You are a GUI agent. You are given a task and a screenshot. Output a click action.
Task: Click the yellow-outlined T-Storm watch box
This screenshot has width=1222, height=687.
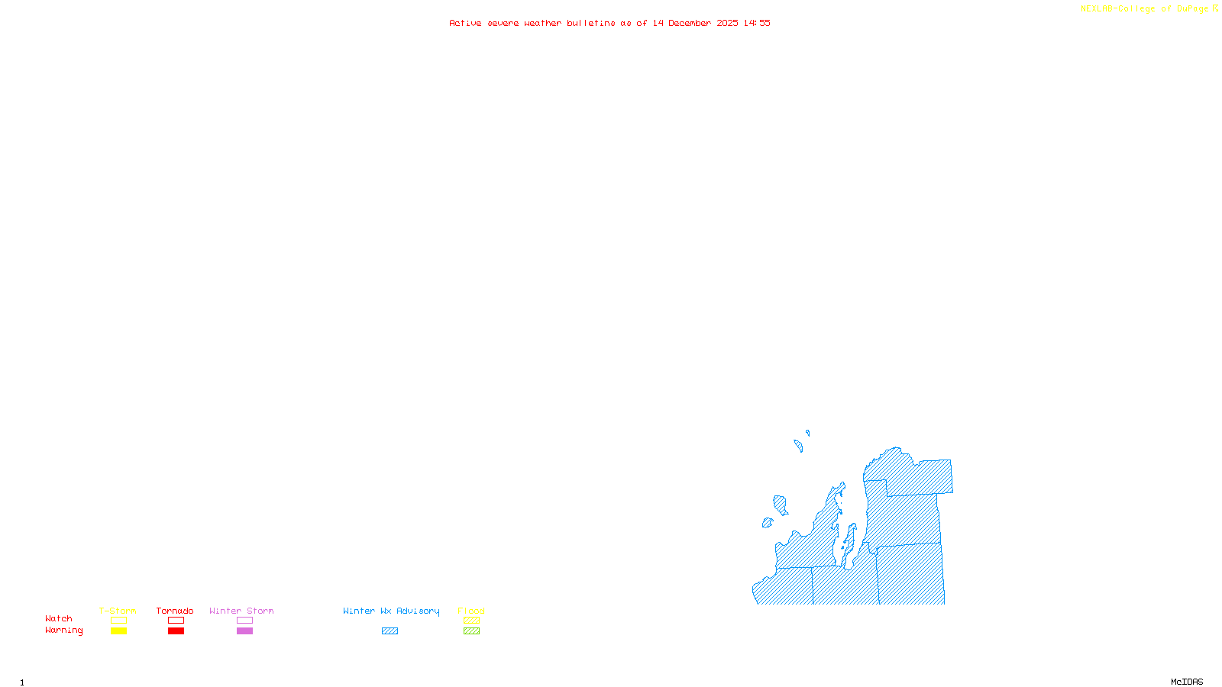pyautogui.click(x=118, y=621)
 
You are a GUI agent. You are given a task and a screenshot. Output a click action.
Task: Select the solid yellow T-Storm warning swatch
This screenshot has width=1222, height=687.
pyautogui.click(x=118, y=631)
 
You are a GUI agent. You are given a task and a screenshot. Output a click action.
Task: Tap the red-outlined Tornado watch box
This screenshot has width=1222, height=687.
pyautogui.click(x=176, y=621)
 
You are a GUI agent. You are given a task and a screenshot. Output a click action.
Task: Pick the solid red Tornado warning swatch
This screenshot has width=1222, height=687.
pyautogui.click(x=176, y=631)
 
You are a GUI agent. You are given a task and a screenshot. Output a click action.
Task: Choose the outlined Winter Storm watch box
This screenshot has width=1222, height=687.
pyautogui.click(x=244, y=621)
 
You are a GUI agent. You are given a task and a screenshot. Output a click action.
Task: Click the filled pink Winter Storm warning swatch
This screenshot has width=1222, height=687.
pyautogui.click(x=244, y=631)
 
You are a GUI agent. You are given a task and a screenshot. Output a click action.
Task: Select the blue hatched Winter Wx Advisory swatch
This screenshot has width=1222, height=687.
pyautogui.click(x=390, y=631)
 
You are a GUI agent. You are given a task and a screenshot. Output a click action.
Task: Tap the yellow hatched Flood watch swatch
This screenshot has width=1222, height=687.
pyautogui.click(x=471, y=621)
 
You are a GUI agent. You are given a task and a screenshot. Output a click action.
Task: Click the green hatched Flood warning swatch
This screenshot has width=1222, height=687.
pyautogui.click(x=471, y=631)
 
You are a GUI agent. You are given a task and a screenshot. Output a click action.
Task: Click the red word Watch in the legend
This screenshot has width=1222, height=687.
pyautogui.click(x=59, y=619)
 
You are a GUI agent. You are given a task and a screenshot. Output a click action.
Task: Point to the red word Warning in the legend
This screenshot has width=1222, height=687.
pyautogui.click(x=63, y=631)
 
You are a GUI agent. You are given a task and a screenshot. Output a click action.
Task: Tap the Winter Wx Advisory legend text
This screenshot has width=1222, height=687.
pyautogui.click(x=391, y=611)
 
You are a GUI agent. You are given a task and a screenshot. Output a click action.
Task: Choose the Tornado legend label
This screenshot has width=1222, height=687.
pyautogui.click(x=175, y=611)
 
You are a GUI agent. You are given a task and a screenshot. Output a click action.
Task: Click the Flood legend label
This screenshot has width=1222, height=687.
pyautogui.click(x=471, y=611)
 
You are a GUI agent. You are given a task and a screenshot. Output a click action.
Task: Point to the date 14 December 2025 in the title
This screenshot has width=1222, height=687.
pyautogui.click(x=695, y=23)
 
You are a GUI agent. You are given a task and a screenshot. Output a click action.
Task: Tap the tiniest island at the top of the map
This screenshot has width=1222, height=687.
pyautogui.click(x=807, y=433)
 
